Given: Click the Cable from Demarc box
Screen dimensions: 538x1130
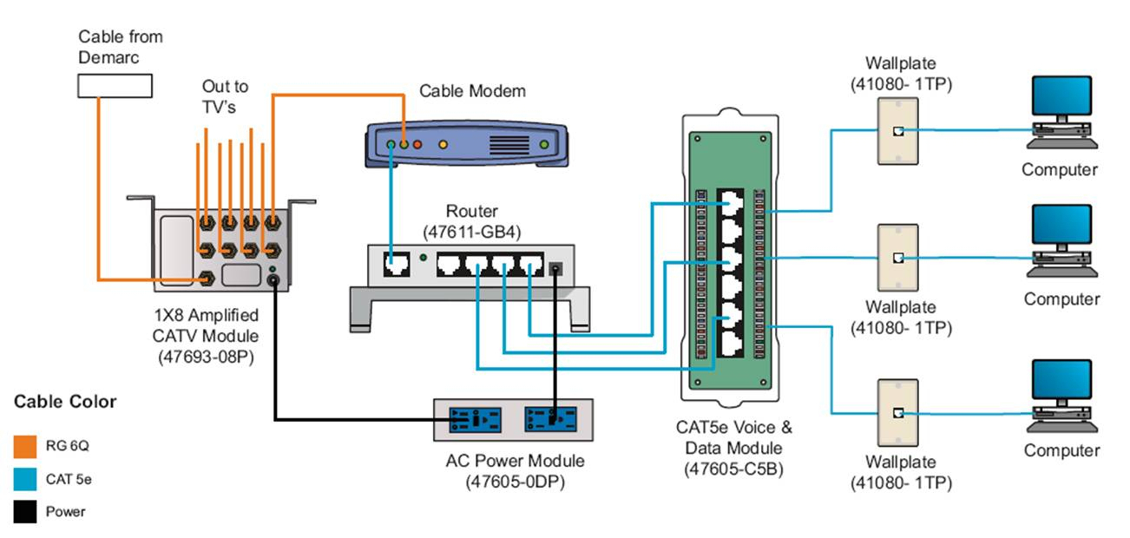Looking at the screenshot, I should (x=115, y=85).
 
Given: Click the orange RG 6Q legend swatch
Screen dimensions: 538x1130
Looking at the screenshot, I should (x=25, y=446).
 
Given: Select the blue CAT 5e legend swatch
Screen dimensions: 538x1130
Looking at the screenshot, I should (x=25, y=479).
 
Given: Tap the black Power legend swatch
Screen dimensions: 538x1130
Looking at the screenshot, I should (x=25, y=512).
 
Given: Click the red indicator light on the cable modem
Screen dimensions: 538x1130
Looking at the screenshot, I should (x=417, y=144).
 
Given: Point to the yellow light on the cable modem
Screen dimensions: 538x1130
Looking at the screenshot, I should (x=443, y=144).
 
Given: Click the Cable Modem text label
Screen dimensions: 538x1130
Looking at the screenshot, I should (x=472, y=91).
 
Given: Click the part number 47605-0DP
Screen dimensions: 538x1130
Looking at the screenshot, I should (x=514, y=482).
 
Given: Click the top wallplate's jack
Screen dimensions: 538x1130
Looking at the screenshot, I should (x=898, y=132).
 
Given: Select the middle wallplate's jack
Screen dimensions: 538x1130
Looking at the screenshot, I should (x=898, y=258).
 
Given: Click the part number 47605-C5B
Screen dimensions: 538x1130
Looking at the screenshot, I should (x=734, y=469).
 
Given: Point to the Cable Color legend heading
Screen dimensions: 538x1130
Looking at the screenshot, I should (x=65, y=402).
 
